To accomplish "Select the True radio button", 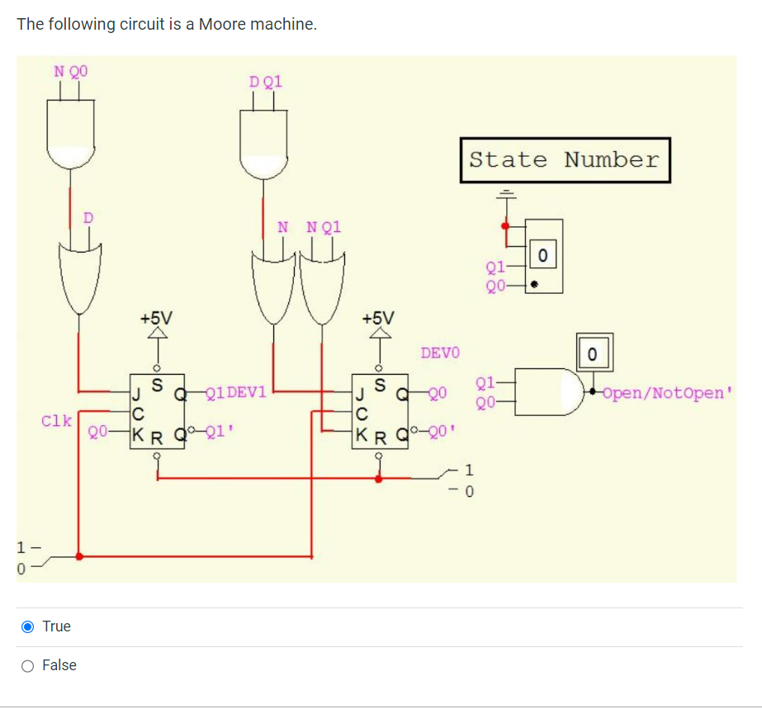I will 28,626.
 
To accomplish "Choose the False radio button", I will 28,665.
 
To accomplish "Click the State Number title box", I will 565,160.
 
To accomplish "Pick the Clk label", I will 55,421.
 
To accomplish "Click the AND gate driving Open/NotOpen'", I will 547,391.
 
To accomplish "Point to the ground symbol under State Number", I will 504,196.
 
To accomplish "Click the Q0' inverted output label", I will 441,430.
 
